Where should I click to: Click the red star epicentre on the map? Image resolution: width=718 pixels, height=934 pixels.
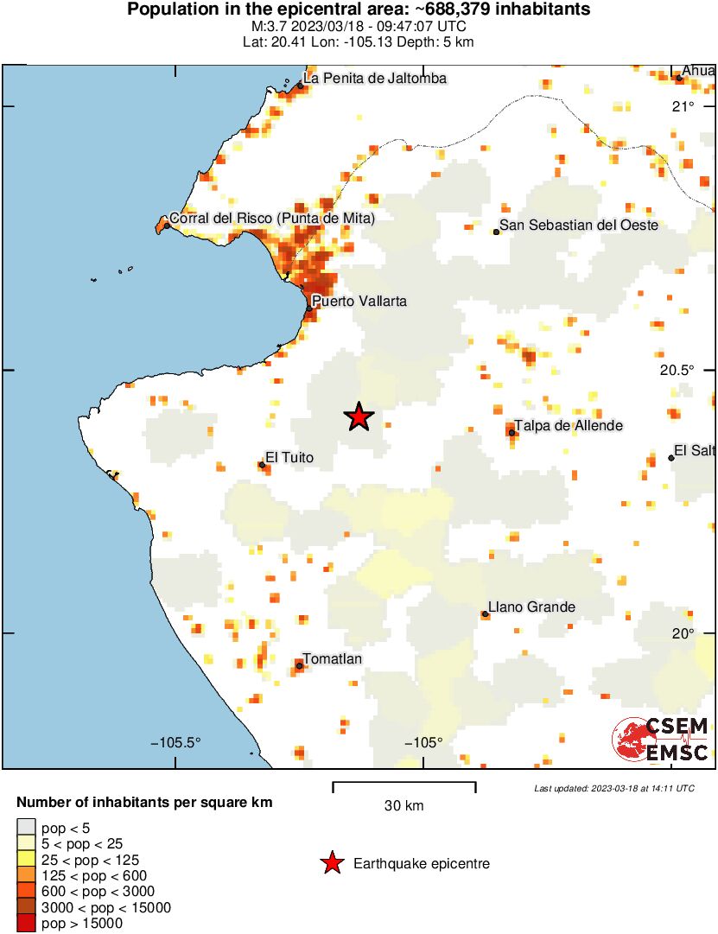359,417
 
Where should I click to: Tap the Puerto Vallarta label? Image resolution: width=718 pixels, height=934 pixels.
359,302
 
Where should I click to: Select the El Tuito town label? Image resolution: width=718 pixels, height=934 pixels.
289,457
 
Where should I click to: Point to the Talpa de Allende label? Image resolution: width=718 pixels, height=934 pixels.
568,425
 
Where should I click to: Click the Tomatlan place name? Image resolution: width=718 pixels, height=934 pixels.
332,659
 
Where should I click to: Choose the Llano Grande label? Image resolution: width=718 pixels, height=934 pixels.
531,607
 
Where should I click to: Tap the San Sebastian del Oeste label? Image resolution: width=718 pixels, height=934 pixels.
580,226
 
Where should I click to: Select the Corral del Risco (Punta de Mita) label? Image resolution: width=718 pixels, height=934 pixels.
272,219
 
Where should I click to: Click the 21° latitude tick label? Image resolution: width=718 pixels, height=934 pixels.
684,106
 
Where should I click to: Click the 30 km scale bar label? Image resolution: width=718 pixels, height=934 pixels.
403,806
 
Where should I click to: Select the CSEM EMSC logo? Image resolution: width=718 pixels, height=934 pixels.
661,740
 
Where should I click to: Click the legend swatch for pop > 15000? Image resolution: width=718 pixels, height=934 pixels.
27,924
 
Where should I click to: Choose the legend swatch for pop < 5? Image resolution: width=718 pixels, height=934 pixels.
27,829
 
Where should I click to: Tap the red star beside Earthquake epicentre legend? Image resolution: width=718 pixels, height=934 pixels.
331,863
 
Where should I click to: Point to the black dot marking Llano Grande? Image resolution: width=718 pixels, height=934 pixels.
486,614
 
